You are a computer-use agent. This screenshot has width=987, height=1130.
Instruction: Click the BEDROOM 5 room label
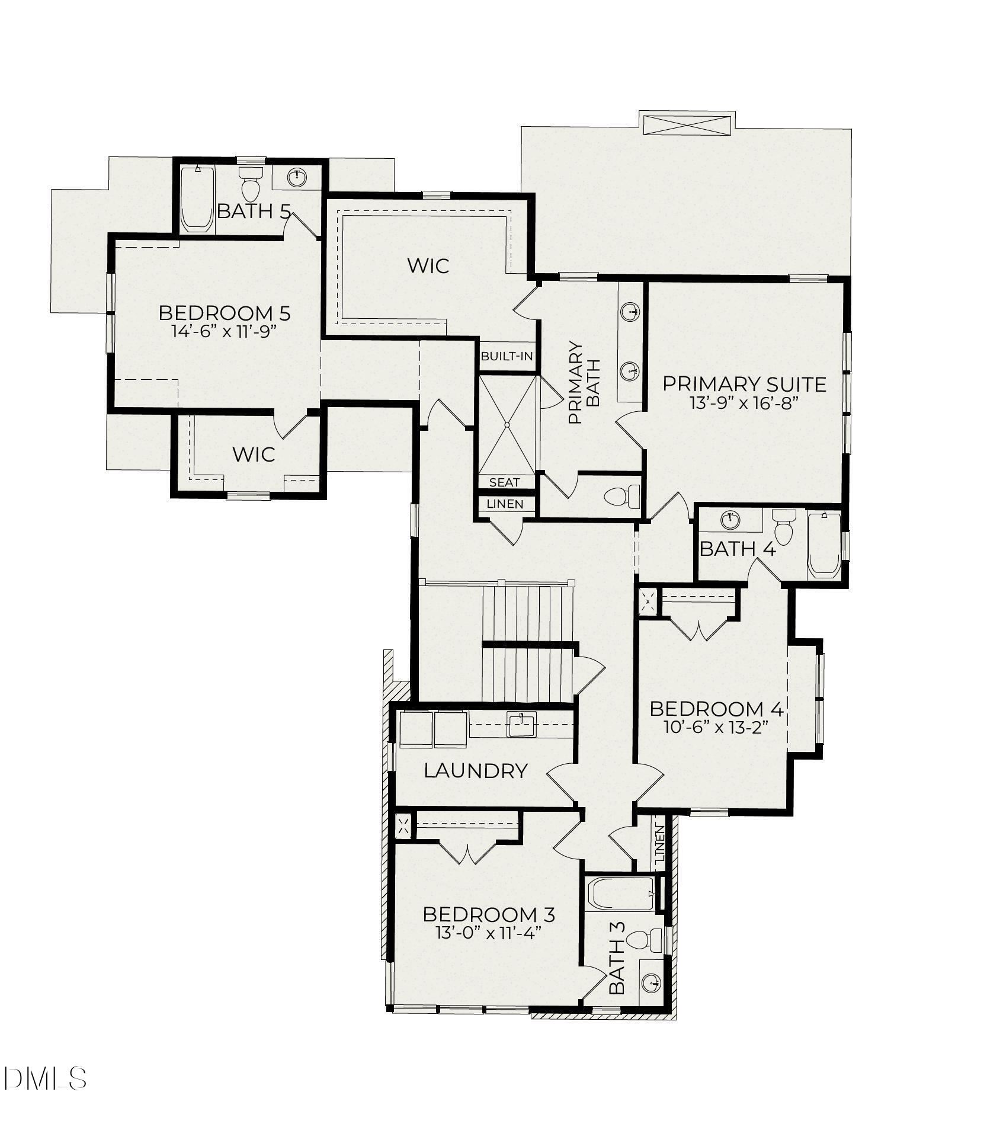[225, 313]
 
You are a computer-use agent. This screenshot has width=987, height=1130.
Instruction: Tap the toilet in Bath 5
[251, 183]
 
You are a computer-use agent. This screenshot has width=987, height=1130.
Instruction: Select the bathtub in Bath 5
[197, 200]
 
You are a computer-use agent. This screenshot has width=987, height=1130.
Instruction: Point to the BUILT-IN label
[507, 357]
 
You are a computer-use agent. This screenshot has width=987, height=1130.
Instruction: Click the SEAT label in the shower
[504, 482]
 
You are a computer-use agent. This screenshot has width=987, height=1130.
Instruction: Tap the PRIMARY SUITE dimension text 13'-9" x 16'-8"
[744, 403]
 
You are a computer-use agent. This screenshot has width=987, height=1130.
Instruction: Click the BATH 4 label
[738, 549]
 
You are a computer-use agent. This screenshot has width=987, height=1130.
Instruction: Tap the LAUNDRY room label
[476, 771]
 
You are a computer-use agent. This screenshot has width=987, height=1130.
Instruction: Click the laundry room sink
[521, 724]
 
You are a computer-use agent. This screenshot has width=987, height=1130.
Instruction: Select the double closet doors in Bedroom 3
[469, 852]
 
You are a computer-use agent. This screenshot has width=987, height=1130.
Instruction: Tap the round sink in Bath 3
[651, 983]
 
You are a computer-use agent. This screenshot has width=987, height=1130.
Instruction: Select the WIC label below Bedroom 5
[254, 454]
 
